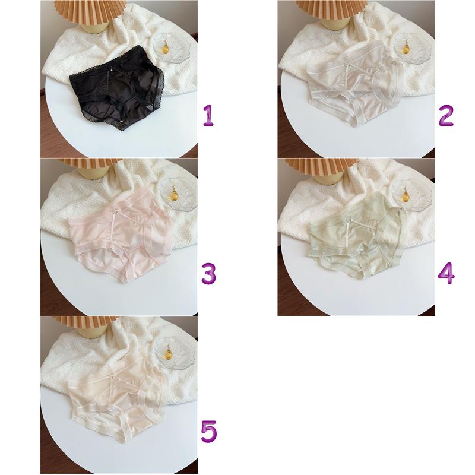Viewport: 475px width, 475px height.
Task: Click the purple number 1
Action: [208, 115]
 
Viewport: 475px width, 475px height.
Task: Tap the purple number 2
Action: [446, 115]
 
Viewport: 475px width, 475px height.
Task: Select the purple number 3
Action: [209, 273]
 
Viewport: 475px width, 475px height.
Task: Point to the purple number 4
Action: [446, 273]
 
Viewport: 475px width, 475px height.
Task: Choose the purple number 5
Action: [209, 432]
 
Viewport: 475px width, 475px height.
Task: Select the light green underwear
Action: [356, 236]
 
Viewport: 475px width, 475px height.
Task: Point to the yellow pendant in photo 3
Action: [174, 195]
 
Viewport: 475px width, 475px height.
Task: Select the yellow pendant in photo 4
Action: [406, 196]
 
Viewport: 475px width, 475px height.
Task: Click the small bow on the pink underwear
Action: [115, 211]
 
